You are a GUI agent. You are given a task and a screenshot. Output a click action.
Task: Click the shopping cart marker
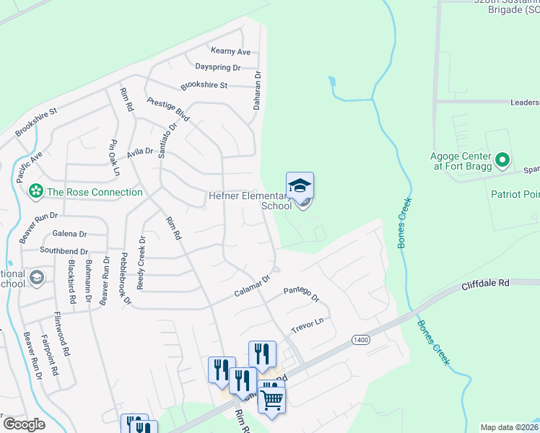[x=272, y=398]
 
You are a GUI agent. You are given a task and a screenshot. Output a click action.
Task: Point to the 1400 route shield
[x=360, y=339]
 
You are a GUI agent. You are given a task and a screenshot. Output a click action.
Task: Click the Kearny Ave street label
[x=230, y=52]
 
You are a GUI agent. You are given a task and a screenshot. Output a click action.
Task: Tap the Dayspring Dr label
[x=217, y=67]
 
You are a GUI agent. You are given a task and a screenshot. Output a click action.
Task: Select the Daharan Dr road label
[x=256, y=90]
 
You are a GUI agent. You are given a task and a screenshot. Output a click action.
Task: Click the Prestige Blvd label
[x=167, y=110]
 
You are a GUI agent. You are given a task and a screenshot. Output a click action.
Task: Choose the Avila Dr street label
[x=140, y=152]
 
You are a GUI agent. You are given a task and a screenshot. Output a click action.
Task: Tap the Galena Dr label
[x=69, y=234]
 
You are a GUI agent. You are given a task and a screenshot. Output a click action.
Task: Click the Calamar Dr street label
[x=252, y=286]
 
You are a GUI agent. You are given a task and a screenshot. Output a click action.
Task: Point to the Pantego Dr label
[x=301, y=294]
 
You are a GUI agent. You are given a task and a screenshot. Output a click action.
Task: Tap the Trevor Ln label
[x=307, y=325]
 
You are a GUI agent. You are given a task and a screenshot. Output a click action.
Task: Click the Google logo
[x=24, y=424]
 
